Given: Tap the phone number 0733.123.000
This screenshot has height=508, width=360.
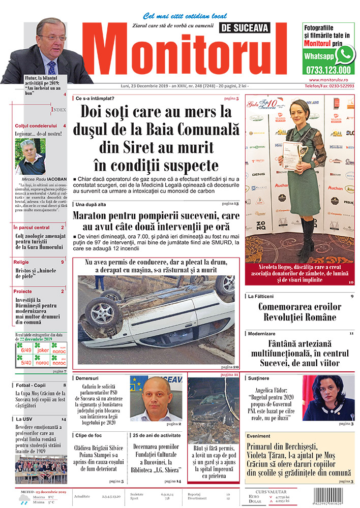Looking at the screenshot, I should click(x=328, y=70).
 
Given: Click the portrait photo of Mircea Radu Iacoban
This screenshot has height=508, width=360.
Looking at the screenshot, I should click(x=31, y=156).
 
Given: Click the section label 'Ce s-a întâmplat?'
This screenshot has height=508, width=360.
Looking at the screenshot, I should click(x=95, y=98).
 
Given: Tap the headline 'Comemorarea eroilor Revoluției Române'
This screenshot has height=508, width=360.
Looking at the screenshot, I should click(x=297, y=312).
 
